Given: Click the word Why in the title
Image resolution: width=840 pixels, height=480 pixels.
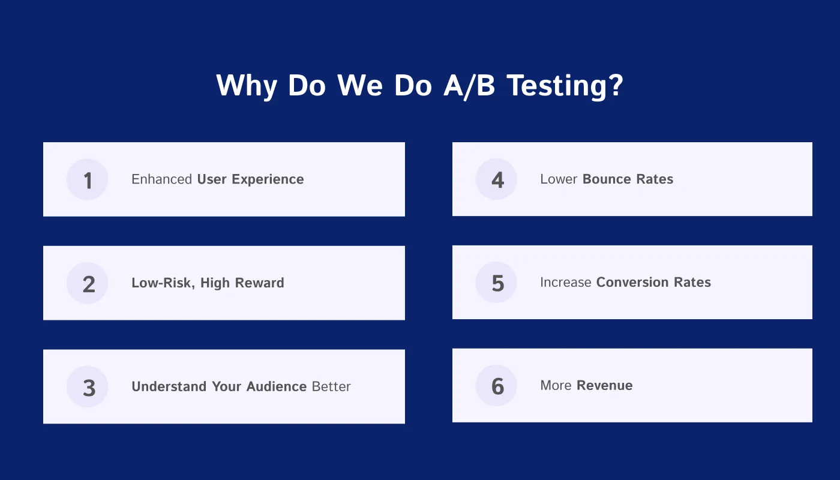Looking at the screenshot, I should tap(247, 86).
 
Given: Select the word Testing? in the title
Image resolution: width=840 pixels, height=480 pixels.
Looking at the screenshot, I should tap(565, 86).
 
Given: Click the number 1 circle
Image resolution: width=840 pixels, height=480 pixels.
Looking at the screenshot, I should tap(88, 179).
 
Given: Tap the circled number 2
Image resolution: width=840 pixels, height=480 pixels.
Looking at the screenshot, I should tap(88, 283).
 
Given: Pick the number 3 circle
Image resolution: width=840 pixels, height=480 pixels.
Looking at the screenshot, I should tap(88, 387).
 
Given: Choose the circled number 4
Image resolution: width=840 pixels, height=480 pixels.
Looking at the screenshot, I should tap(497, 179).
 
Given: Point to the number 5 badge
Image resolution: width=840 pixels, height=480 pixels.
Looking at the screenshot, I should tap(497, 283).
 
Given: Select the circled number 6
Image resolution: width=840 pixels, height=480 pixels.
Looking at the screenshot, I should tap(497, 386).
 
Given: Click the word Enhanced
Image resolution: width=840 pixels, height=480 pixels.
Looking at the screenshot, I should tap(161, 179).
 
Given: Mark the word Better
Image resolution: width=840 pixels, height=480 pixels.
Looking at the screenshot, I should tap(331, 386).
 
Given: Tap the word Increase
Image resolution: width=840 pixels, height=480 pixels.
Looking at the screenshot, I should tap(565, 283).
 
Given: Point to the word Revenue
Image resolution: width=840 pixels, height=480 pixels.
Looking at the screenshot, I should tap(604, 386).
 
